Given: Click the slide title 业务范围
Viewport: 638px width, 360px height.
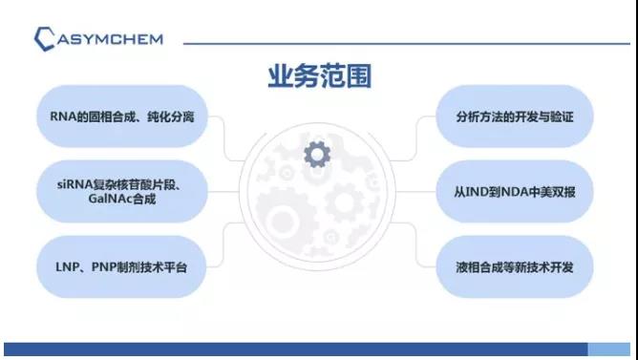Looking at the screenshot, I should (318, 76).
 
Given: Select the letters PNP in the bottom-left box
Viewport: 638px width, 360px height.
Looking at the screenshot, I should (96, 265).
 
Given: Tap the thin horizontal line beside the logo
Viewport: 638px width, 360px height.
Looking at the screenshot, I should (401, 42).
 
